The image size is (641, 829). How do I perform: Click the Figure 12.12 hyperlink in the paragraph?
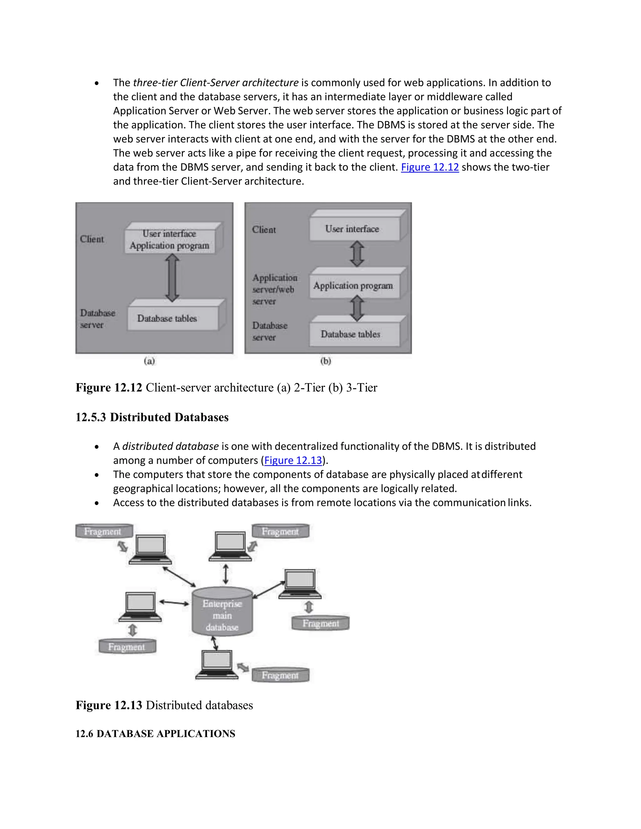(429, 167)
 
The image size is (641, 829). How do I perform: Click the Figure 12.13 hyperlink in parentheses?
(293, 460)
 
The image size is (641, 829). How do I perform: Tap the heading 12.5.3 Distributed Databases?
(152, 417)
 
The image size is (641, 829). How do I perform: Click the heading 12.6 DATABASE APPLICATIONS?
(155, 733)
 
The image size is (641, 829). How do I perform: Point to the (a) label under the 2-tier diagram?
(149, 361)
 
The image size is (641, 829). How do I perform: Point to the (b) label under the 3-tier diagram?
(326, 361)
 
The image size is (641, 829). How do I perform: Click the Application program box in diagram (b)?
(353, 285)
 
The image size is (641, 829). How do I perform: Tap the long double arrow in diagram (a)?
(172, 278)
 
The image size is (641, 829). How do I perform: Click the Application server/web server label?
(274, 289)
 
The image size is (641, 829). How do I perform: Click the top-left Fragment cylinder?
(103, 531)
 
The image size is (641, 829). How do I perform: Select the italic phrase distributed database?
(170, 446)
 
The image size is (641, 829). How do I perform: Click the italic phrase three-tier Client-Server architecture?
(216, 83)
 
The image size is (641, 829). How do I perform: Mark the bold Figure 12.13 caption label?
(109, 705)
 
